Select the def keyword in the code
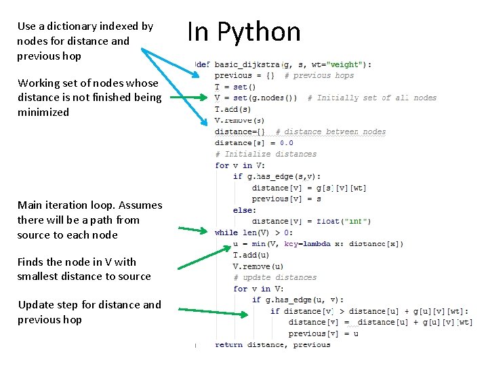[x=203, y=64]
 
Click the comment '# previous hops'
[x=319, y=76]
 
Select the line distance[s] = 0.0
[x=253, y=142]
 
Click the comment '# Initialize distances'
[x=266, y=154]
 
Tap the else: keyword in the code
[x=245, y=210]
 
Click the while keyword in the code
[x=226, y=232]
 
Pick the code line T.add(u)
[x=251, y=255]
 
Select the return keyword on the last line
[x=229, y=344]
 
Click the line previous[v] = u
[x=323, y=333]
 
